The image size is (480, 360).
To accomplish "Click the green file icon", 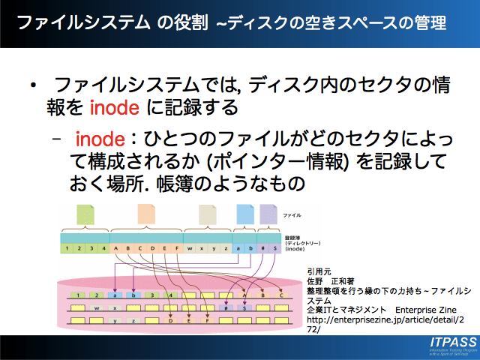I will pyautogui.click(x=85, y=215).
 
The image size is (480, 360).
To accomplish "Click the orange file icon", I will pyautogui.click(x=145, y=215).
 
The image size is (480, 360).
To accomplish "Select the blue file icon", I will pyautogui.click(x=244, y=215).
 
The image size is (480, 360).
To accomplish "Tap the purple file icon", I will pyautogui.click(x=268, y=215).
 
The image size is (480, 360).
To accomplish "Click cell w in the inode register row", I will pyautogui.click(x=190, y=247).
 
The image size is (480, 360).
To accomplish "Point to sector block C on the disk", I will pyautogui.click(x=281, y=295).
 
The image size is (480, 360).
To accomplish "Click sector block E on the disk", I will pyautogui.click(x=188, y=320).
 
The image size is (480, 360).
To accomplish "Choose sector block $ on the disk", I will pyautogui.click(x=244, y=307).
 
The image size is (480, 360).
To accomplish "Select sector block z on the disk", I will pyautogui.click(x=133, y=320).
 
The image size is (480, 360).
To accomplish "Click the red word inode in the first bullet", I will pyautogui.click(x=114, y=108).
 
